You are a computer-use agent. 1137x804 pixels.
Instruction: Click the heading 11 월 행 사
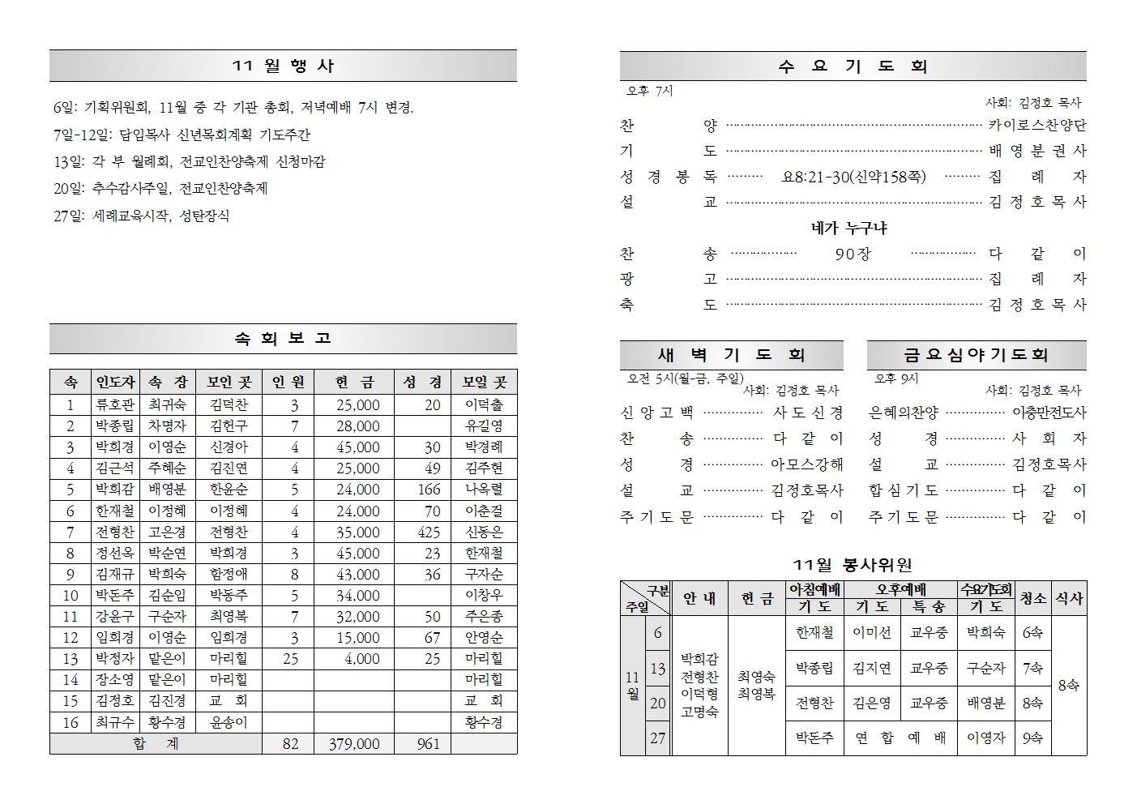coord(283,66)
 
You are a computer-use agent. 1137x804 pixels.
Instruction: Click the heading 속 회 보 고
coord(283,339)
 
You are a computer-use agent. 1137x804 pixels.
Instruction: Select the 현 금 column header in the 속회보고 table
coord(354,383)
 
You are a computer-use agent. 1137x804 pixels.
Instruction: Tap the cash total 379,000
coord(354,744)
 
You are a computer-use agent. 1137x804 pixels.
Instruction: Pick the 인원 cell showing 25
coord(290,659)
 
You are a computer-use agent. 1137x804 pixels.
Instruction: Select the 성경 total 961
coord(429,744)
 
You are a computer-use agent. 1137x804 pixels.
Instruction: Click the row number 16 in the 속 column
coord(71,722)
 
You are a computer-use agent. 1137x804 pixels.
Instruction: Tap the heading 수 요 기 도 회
coord(853,67)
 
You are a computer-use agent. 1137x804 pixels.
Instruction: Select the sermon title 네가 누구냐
coord(848,229)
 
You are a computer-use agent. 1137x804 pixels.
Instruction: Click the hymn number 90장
coord(853,254)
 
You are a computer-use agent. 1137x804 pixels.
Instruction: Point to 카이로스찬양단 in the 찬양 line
coord(1037,126)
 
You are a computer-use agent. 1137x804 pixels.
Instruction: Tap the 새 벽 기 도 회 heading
coord(731,355)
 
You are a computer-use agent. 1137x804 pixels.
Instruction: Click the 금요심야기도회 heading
coord(976,355)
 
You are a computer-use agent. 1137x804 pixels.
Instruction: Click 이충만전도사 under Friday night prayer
coord(1049,413)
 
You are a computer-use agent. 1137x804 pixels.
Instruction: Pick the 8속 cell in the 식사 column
coord(1069,686)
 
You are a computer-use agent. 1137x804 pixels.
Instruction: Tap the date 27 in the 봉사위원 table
coord(657,738)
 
